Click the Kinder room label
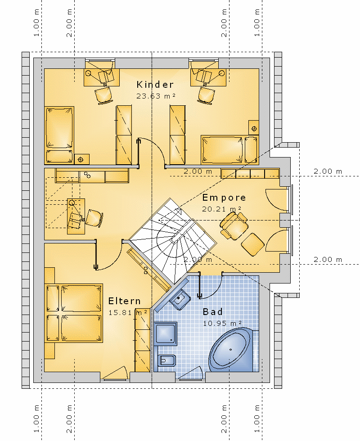click(155, 85)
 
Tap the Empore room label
click(224, 198)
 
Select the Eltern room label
click(124, 301)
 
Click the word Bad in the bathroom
click(212, 311)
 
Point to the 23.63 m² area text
click(156, 96)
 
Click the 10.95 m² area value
click(222, 323)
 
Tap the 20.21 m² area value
click(221, 209)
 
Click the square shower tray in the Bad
click(166, 333)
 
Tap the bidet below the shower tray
click(166, 360)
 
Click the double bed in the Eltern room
click(73, 313)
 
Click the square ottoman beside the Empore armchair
click(252, 244)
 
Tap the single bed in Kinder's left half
click(59, 135)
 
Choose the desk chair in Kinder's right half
click(206, 95)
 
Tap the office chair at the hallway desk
click(94, 218)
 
